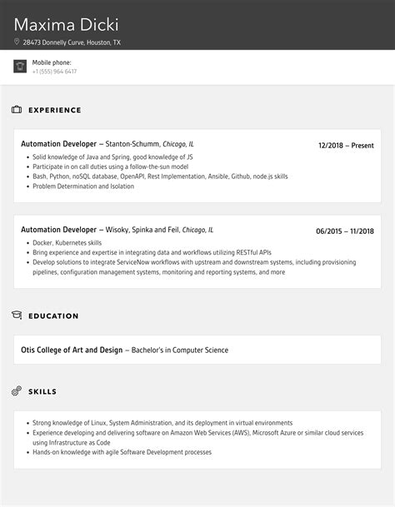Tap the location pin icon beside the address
click(17, 42)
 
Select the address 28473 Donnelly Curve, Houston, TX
click(72, 42)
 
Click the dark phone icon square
click(20, 67)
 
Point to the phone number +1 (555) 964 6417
click(54, 72)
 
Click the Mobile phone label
click(52, 62)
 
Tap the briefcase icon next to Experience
click(17, 110)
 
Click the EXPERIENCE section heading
click(55, 110)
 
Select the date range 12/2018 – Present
click(346, 145)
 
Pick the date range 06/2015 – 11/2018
click(345, 231)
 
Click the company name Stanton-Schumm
click(132, 144)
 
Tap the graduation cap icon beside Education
click(17, 316)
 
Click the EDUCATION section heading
click(53, 316)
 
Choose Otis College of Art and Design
click(72, 350)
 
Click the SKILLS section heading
click(43, 390)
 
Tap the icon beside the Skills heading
click(17, 390)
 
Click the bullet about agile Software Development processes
click(122, 452)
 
